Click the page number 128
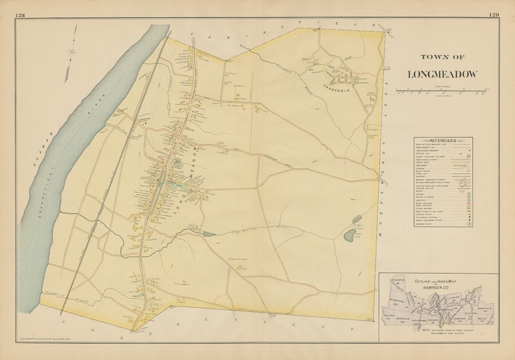pyautogui.click(x=21, y=14)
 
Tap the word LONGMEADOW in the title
pyautogui.click(x=442, y=74)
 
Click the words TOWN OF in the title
pyautogui.click(x=442, y=56)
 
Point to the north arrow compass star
pyautogui.click(x=71, y=51)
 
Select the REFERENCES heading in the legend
pyautogui.click(x=443, y=140)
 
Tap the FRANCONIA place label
pyautogui.click(x=337, y=90)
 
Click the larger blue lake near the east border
pyautogui.click(x=350, y=235)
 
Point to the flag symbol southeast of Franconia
pyautogui.click(x=370, y=104)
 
